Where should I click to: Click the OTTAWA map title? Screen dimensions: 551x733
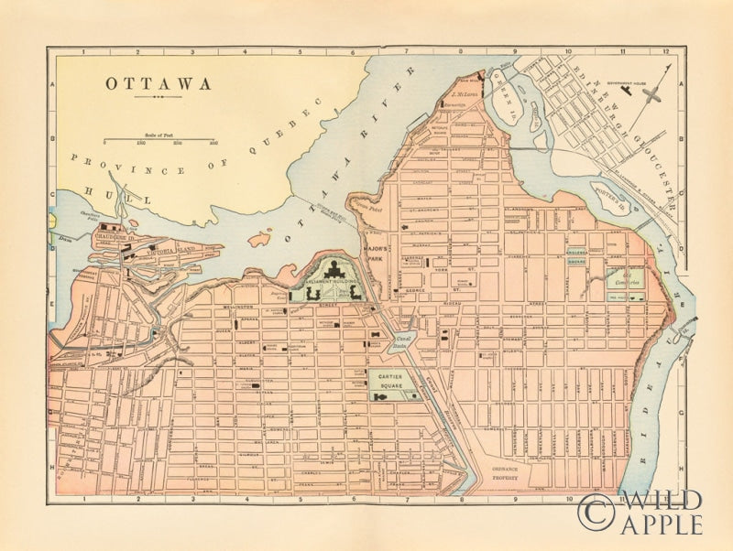tap(158, 83)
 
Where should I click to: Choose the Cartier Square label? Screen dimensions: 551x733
tap(394, 380)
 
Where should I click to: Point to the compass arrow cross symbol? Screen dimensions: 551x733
tap(652, 93)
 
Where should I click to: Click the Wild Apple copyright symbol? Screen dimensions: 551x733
tap(595, 512)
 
